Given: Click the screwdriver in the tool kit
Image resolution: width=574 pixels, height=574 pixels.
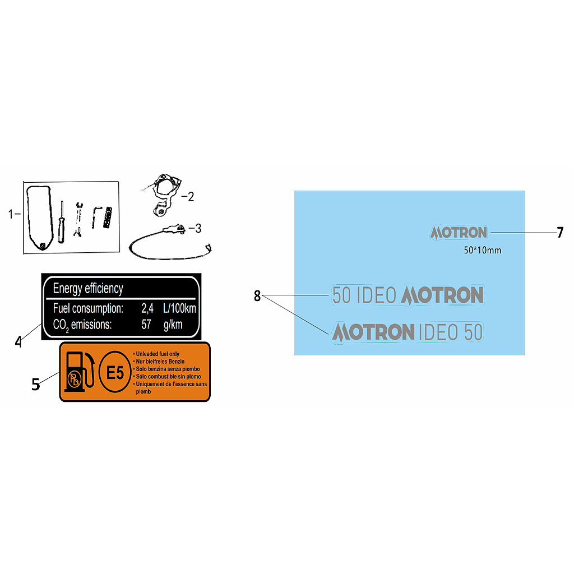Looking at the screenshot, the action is tap(62, 222).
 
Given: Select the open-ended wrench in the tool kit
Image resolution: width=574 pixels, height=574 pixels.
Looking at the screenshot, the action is tap(78, 219).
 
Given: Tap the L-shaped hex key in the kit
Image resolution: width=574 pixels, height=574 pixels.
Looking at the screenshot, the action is tap(96, 217).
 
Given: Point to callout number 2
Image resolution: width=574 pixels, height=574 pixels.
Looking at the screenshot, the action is tap(191, 197).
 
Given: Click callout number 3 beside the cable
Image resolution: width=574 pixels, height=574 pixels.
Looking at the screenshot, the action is tap(198, 229).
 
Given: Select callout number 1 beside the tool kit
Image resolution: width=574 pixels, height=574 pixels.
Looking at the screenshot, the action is tap(11, 214).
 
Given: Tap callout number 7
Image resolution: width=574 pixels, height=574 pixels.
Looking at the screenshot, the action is tap(560, 233).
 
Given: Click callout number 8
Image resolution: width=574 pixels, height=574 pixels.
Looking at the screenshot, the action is tap(257, 296).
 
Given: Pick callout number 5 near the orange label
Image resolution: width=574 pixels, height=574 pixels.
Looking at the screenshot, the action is tap(35, 385).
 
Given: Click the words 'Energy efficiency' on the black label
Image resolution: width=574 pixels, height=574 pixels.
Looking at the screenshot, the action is tap(88, 289).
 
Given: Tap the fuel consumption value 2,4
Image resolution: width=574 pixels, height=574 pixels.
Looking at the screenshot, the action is tap(147, 309).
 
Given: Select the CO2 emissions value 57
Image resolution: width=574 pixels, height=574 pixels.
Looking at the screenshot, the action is tap(146, 325).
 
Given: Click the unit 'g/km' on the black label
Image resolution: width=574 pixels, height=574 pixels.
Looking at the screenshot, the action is tap(173, 325).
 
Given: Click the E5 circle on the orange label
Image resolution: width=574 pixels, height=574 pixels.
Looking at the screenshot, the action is tap(115, 372).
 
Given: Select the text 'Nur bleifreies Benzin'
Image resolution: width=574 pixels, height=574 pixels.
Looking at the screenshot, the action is tap(160, 362).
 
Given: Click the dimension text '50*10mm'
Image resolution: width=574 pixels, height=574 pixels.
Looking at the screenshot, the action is tap(483, 251).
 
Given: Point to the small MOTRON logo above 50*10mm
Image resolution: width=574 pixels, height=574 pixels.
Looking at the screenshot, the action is tap(459, 233).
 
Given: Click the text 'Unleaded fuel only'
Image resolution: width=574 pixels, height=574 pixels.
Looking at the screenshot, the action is tap(158, 354).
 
